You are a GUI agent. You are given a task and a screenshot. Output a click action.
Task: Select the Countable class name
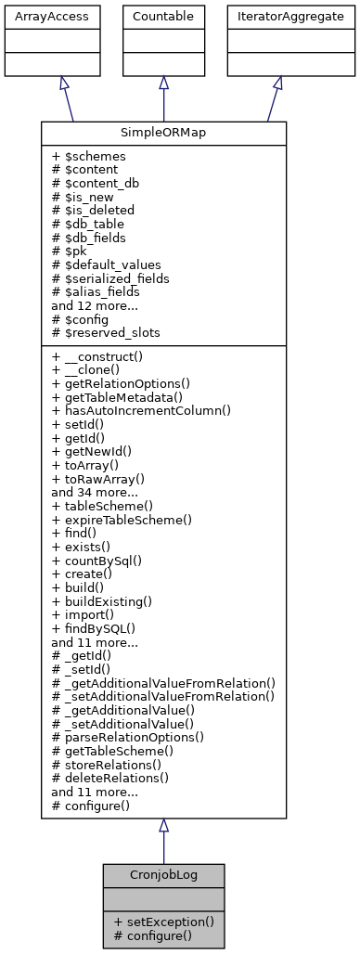163,17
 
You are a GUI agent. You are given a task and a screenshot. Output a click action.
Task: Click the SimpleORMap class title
163,134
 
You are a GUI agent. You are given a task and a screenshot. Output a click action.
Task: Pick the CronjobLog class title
163,875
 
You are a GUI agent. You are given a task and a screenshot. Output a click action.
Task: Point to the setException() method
163,922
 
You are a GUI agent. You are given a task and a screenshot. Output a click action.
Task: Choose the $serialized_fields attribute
109,277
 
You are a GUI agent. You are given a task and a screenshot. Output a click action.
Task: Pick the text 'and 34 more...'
95,493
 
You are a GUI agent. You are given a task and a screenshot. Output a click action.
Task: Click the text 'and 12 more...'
95,304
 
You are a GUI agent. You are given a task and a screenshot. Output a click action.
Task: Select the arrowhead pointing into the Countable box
163,83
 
